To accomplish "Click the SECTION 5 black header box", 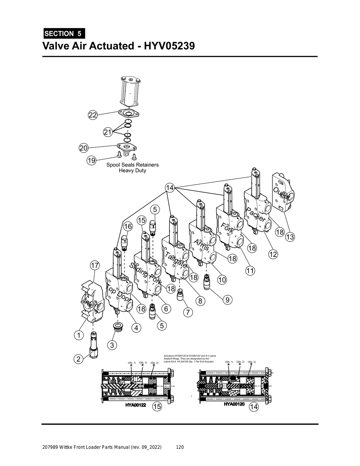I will pos(63,34).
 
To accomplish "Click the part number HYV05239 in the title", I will pos(167,46).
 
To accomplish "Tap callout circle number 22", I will pos(92,115).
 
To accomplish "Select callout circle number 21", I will pos(108,132).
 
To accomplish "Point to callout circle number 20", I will pos(83,148).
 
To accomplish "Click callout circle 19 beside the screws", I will pos(91,161).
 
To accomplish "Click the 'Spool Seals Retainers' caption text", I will pos(133,165).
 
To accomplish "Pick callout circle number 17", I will pos(95,265).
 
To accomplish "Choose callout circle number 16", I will pos(128,226).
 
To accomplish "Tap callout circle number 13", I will pos(290,237).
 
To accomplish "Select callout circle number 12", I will pos(273,254).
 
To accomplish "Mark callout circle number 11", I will pos(250,271).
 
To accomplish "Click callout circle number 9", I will pos(227,300).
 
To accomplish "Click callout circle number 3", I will pos(112,345).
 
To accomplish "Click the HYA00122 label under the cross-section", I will pos(136,405).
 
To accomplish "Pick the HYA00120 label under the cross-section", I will pos(234,404).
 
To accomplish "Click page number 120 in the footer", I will pos(180,447).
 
